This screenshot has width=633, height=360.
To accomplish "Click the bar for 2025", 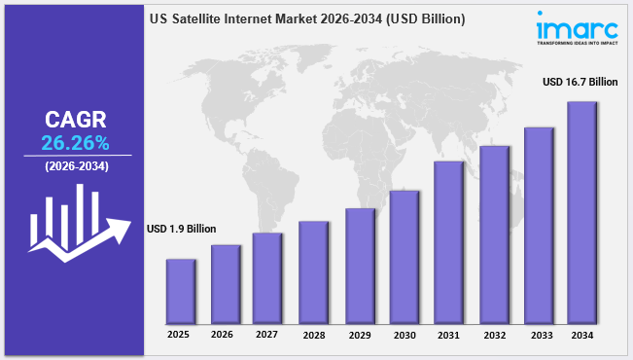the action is click(181, 292).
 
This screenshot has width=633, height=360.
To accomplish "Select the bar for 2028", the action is click(313, 272).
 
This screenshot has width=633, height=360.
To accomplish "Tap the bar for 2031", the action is click(448, 243).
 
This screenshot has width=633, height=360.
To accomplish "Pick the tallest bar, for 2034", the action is click(581, 213).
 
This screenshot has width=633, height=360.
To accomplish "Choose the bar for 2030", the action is click(404, 258).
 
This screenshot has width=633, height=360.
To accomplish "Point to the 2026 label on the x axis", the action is click(222, 335).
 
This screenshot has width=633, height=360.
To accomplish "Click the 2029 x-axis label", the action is click(360, 336).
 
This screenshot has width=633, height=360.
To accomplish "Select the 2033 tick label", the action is click(542, 336).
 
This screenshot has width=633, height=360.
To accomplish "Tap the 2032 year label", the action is click(495, 336).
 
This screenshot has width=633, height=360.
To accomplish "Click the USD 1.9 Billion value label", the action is click(181, 229).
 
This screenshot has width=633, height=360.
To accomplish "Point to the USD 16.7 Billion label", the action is click(580, 82).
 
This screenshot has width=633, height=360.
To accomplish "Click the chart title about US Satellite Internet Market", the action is click(307, 19).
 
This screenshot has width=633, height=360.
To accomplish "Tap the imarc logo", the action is click(578, 28).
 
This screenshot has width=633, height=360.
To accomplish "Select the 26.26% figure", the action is click(75, 143).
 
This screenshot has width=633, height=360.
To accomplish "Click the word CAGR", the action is click(76, 120).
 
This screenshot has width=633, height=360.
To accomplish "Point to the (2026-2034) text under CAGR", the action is click(77, 166).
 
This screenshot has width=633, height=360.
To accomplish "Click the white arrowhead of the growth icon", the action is click(120, 231).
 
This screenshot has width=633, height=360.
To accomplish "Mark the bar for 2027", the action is click(267, 278).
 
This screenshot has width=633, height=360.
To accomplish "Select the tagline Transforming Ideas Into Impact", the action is click(578, 43).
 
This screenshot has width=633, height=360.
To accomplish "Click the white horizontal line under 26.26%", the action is click(78, 155).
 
